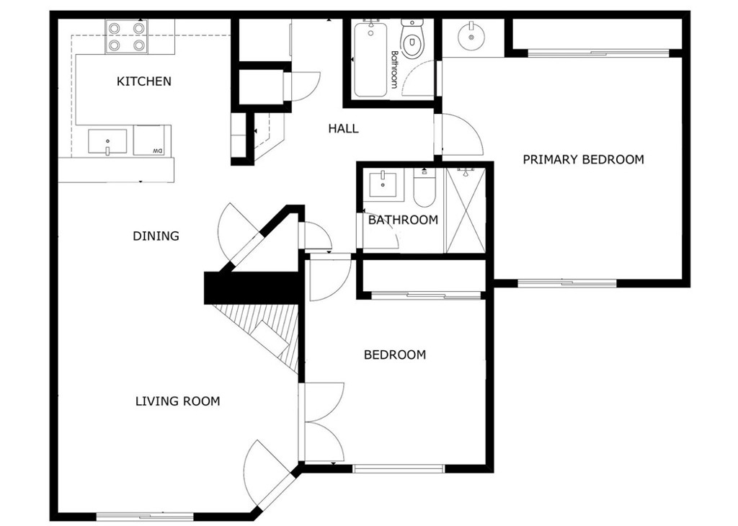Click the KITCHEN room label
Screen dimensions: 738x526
pyautogui.click(x=143, y=81)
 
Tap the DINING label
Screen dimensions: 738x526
pyautogui.click(x=156, y=236)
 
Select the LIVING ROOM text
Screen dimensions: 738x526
pyautogui.click(x=177, y=401)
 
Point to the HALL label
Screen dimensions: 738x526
pyautogui.click(x=343, y=128)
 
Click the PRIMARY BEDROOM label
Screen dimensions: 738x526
pyautogui.click(x=583, y=159)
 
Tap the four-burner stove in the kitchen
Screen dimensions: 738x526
pyautogui.click(x=126, y=37)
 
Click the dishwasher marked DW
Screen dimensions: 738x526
pyautogui.click(x=149, y=141)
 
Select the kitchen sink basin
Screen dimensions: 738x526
pyautogui.click(x=107, y=142)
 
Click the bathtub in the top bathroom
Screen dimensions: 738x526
pyautogui.click(x=370, y=59)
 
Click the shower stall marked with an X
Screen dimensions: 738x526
pyautogui.click(x=465, y=210)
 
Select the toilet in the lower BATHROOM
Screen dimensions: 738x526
pyautogui.click(x=424, y=188)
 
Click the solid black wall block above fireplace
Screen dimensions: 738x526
pyautogui.click(x=252, y=287)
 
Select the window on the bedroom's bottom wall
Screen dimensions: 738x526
pyautogui.click(x=398, y=468)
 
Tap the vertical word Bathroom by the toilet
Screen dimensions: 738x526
pyautogui.click(x=394, y=69)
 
